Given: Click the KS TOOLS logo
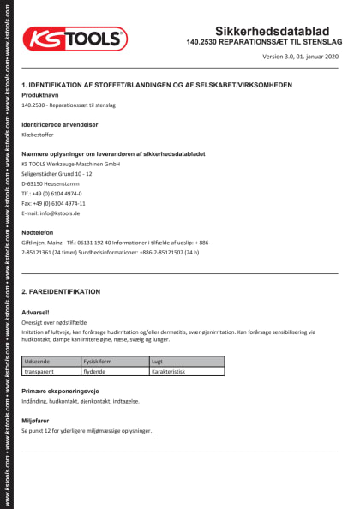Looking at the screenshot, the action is [x=75, y=39].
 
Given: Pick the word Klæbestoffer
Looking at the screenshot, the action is [x=39, y=135].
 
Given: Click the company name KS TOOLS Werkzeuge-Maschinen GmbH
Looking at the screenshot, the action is [x=70, y=163].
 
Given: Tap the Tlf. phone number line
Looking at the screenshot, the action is [x=51, y=194].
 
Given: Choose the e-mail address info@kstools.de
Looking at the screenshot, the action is [x=51, y=213].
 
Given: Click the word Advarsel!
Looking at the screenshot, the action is [x=35, y=313].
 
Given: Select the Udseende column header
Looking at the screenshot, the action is [x=39, y=362].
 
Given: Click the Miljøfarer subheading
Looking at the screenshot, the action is [x=37, y=420].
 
